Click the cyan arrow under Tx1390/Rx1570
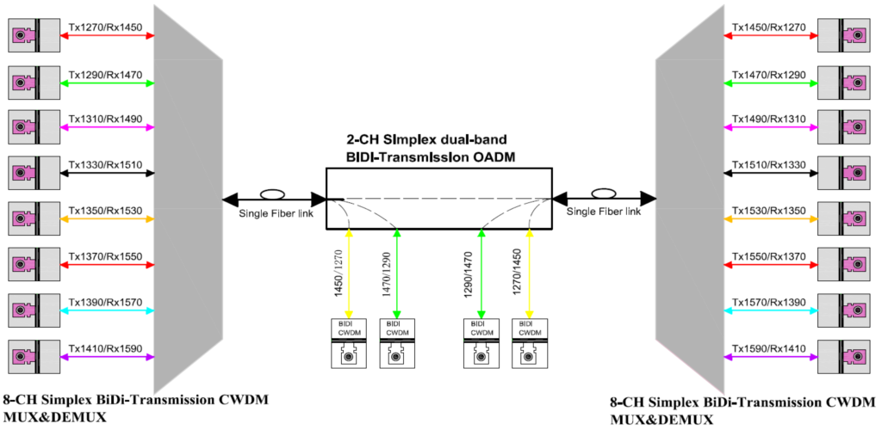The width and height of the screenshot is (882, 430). point(106,313)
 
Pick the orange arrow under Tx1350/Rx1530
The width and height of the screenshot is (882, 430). point(106,220)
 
